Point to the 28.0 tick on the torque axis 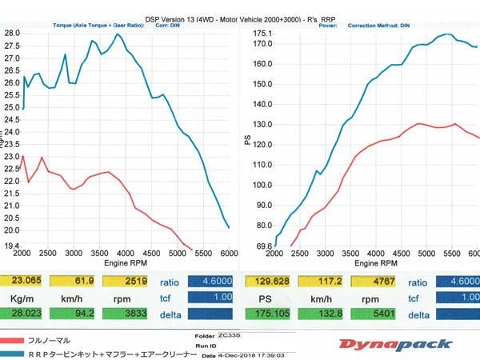tap(12, 33)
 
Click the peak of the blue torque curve tap(118, 34)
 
